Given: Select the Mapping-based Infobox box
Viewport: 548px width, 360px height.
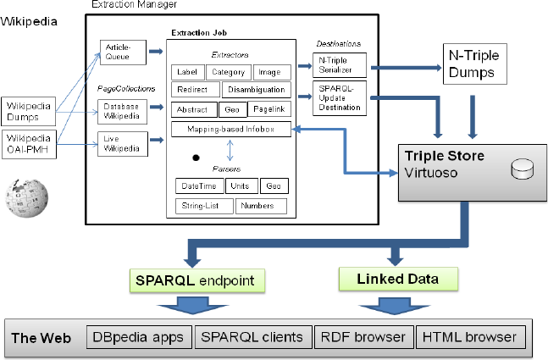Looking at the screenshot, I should coord(230,130).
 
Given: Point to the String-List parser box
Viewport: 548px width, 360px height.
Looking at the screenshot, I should coord(203,206).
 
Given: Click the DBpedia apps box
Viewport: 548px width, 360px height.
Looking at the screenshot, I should coord(138,336).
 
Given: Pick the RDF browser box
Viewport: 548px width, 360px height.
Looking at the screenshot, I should coord(363,336).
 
